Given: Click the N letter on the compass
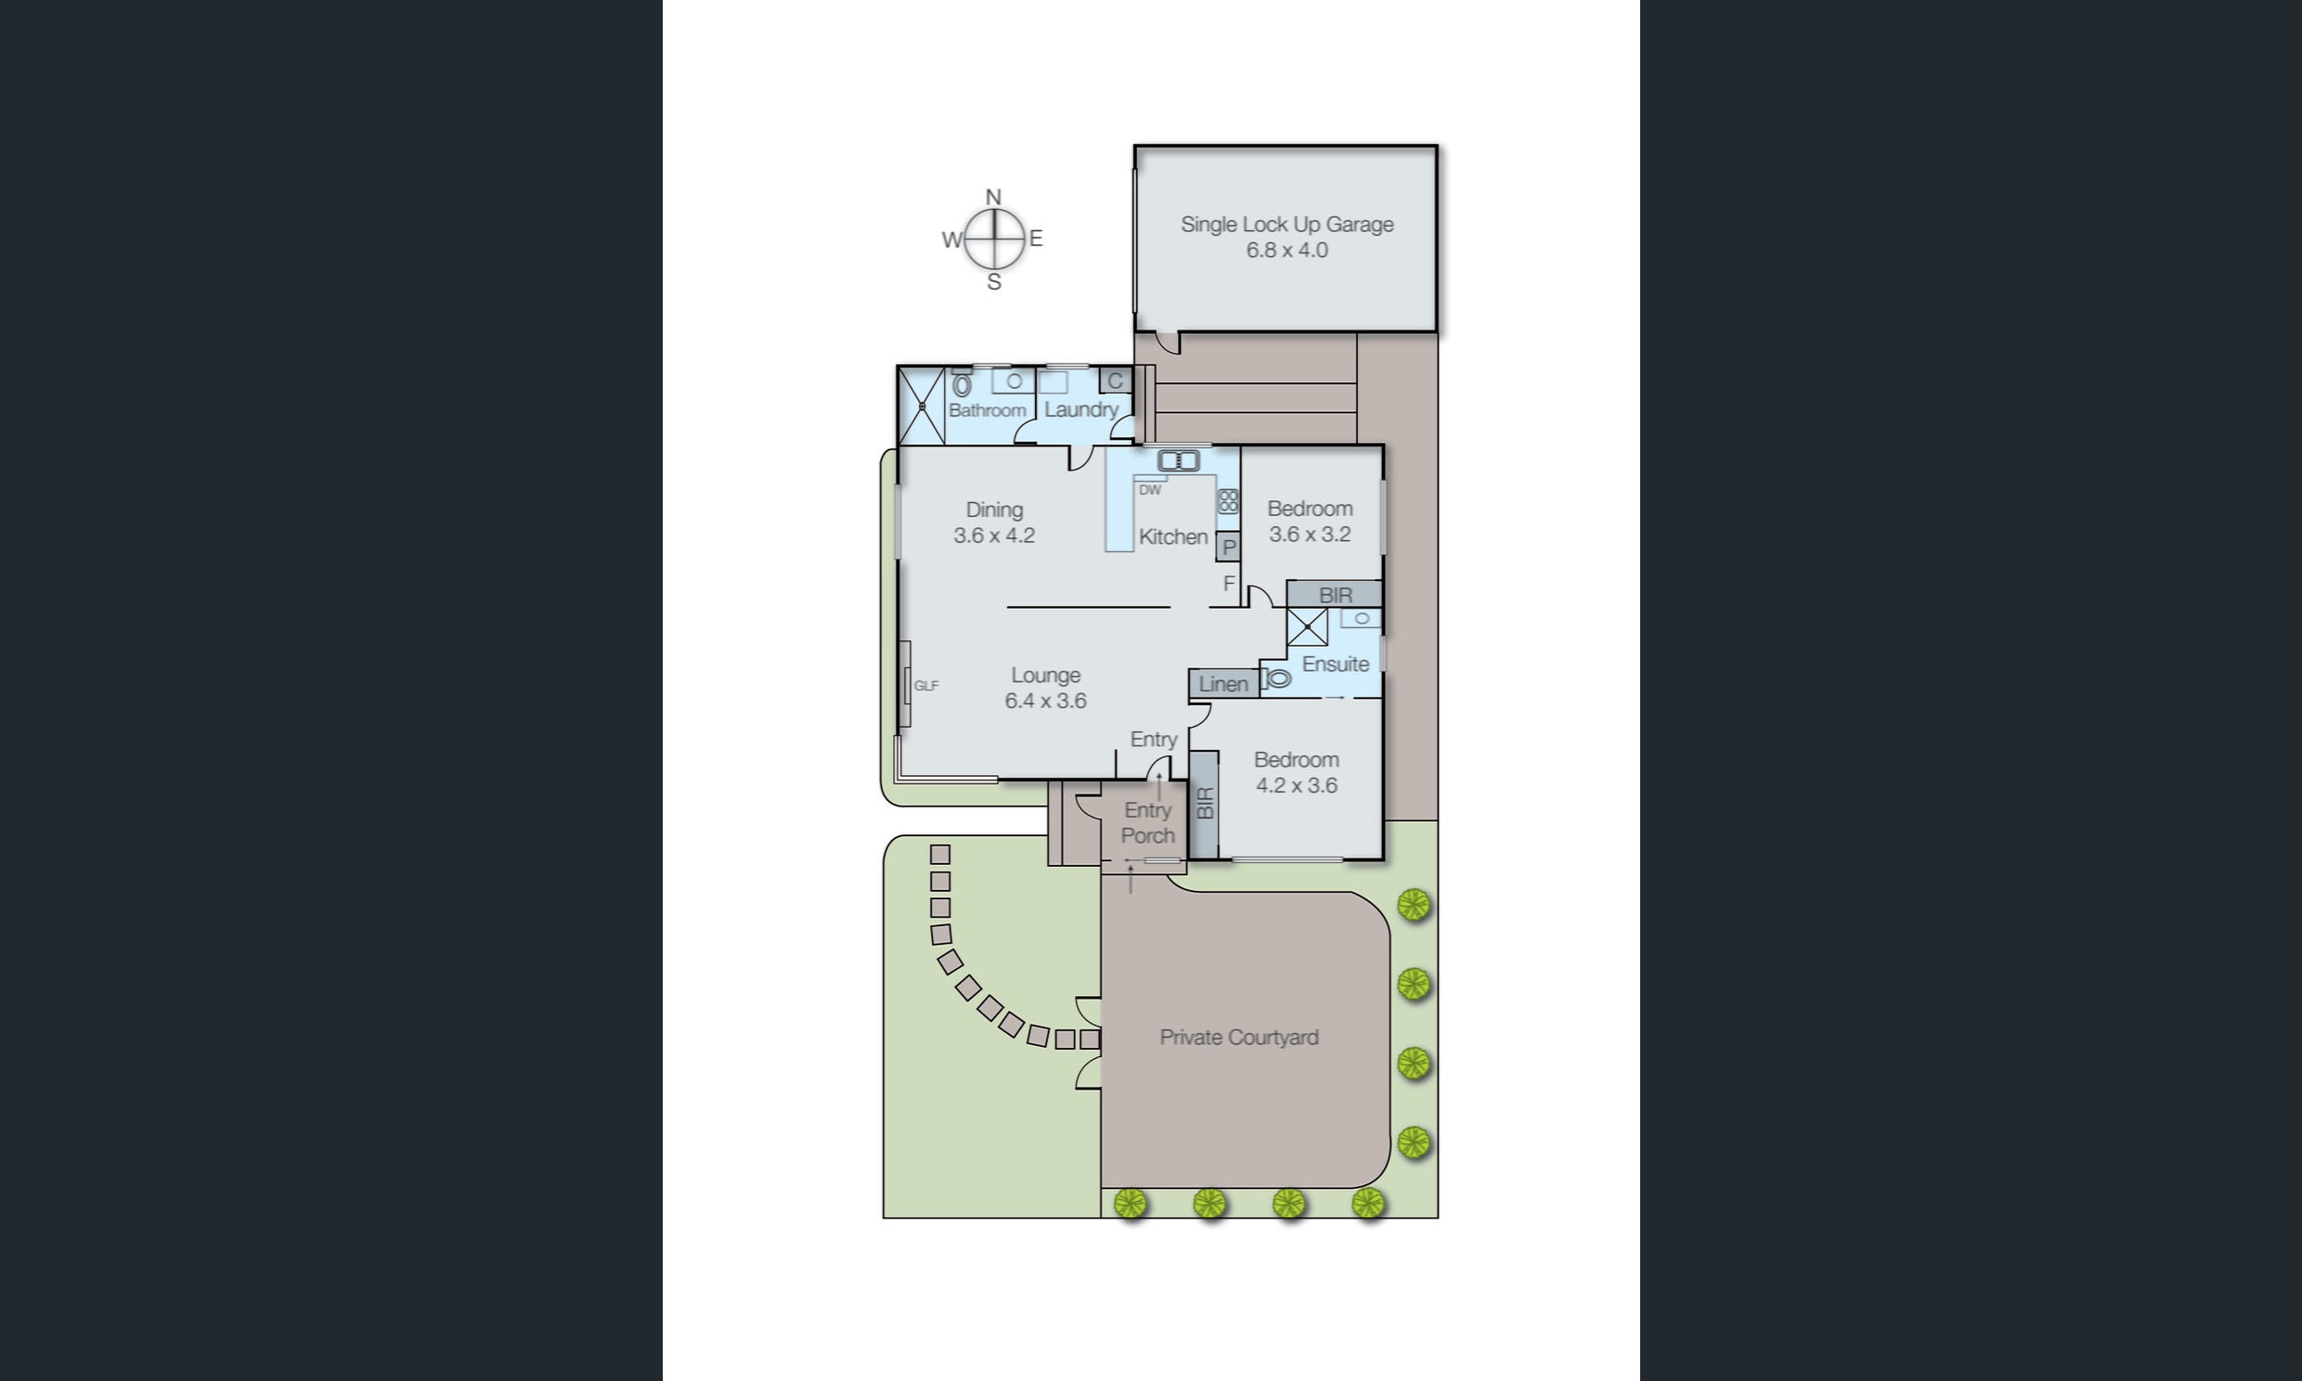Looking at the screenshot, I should [x=993, y=198].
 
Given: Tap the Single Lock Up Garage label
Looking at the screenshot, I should [x=1287, y=225].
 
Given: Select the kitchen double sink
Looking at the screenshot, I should [x=1178, y=460].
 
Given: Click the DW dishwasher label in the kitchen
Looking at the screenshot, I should [x=1150, y=490].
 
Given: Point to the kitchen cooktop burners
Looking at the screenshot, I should [x=1228, y=501].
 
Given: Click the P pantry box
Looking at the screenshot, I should [x=1228, y=548].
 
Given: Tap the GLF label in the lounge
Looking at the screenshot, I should [x=925, y=686].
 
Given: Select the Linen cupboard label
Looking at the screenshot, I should [x=1222, y=684].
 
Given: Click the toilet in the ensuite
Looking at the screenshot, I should [x=1278, y=679].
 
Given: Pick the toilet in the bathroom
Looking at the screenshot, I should [x=962, y=384].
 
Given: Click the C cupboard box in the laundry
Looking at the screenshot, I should [x=1115, y=381].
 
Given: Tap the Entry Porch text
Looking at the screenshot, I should [x=1147, y=822].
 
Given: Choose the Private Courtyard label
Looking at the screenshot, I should [x=1238, y=1038].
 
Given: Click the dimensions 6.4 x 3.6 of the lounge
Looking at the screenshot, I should [x=1045, y=701].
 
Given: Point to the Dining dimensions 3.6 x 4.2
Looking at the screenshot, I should [x=994, y=536].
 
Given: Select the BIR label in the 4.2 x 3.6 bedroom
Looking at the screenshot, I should [x=1205, y=803].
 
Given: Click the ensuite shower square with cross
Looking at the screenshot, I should [x=1307, y=627].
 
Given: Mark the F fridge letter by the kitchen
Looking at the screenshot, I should [x=1228, y=584].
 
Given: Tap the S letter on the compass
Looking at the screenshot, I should [x=994, y=282].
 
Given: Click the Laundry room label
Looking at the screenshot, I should [x=1080, y=409].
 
